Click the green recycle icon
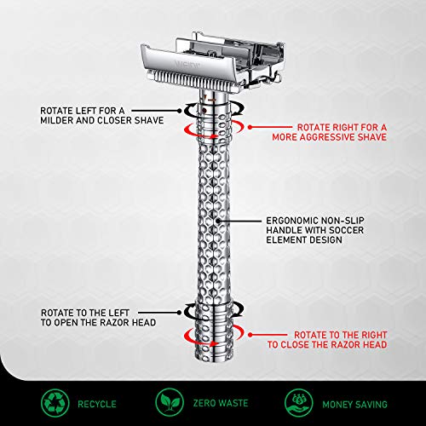[x=55, y=402]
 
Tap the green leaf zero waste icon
[x=170, y=402]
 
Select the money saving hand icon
[x=298, y=402]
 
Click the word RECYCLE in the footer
[x=97, y=404]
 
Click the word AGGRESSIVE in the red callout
[x=327, y=137]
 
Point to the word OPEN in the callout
[x=66, y=323]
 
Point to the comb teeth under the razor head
[x=193, y=80]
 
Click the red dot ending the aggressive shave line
[x=250, y=128]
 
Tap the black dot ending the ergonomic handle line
[x=218, y=221]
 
